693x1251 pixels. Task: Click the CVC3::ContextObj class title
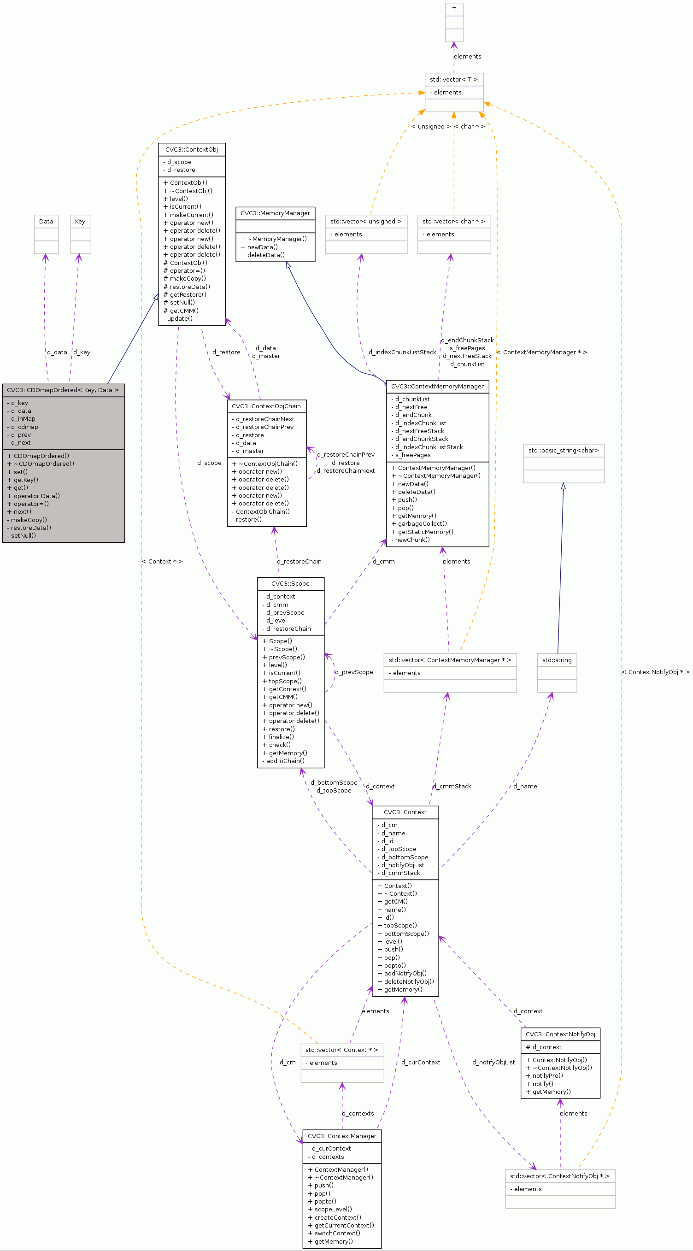coord(191,150)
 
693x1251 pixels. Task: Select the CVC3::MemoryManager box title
coord(275,213)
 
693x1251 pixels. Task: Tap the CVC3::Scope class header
coord(290,584)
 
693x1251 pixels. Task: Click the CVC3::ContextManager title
coord(342,1136)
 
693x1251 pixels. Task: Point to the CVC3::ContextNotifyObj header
coord(560,1034)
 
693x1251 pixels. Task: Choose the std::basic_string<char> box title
coord(564,450)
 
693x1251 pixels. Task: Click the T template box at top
coord(453,10)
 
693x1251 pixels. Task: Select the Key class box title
coord(80,222)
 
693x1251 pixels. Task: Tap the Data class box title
coord(46,222)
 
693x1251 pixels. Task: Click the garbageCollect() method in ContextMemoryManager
coord(422,523)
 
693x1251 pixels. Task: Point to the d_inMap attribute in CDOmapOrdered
coord(23,419)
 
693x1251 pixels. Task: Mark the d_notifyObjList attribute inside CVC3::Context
coord(403,865)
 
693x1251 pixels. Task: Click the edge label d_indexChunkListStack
coord(402,352)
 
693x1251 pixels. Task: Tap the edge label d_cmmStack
coord(452,786)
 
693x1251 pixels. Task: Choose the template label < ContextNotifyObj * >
coord(655,672)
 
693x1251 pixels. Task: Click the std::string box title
coord(557,660)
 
